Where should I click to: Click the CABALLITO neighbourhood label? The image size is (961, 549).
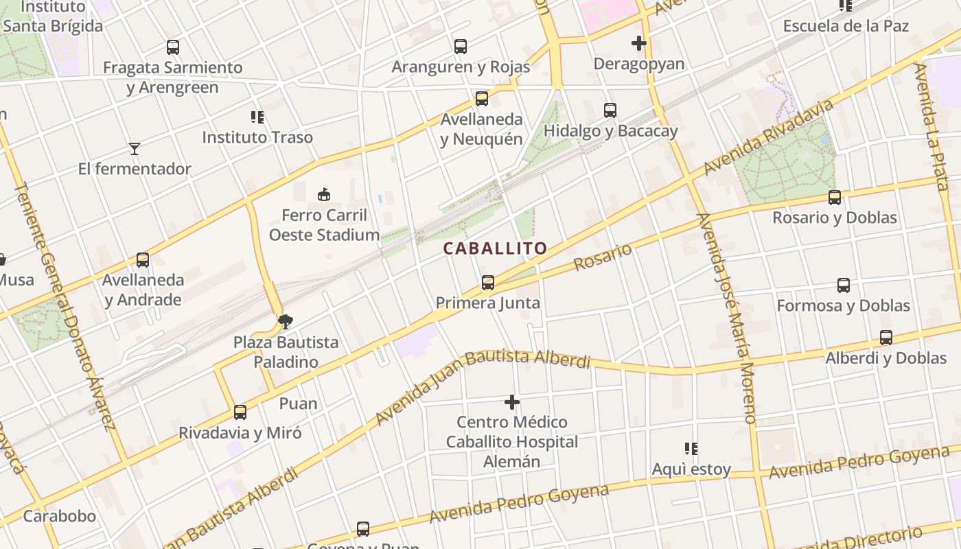pos(495,248)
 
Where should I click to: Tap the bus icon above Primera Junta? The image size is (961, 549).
pos(488,282)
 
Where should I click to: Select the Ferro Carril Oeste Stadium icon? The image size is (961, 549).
pos(324,195)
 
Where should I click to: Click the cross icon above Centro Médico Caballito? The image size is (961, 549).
pos(512,402)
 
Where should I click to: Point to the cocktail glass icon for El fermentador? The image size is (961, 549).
pos(135,149)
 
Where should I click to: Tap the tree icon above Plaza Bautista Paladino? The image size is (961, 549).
pos(286,321)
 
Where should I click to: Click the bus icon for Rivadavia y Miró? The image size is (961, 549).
pos(240,412)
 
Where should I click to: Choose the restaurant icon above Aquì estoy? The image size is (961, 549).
pos(691,449)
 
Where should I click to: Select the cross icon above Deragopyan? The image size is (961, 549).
pos(639,44)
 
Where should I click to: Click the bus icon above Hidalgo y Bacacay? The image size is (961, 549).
pos(610,110)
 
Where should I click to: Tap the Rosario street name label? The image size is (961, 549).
pos(603,257)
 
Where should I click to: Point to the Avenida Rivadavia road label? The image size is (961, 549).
pos(769,137)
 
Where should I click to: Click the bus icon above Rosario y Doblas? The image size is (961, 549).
pos(835,198)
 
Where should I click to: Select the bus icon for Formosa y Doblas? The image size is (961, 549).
pos(844,285)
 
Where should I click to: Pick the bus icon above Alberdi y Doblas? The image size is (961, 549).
pos(886,338)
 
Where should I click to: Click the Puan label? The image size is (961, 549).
pos(299,404)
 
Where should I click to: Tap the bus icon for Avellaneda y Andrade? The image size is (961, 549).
pos(143,260)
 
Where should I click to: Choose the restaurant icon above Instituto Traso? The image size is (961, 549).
pos(257,117)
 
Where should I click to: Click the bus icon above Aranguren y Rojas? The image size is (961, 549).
pos(461,47)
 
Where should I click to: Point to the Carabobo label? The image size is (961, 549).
pos(60,516)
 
